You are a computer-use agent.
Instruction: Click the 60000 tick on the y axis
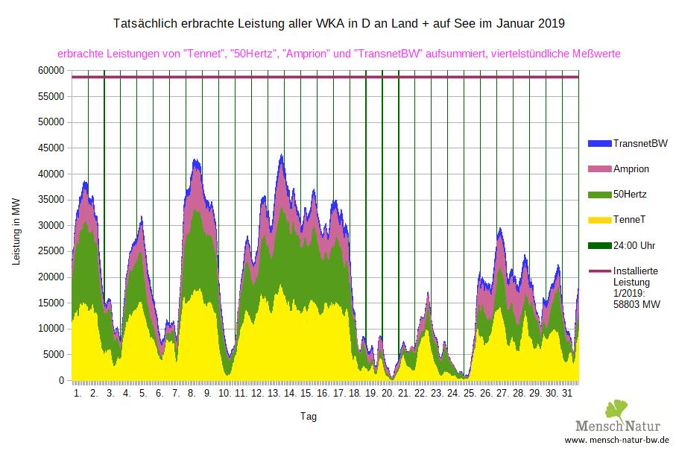click(x=54, y=70)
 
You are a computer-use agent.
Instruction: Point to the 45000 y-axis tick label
click(x=54, y=148)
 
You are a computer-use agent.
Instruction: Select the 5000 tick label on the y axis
click(x=57, y=354)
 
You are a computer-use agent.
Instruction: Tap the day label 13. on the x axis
click(x=274, y=393)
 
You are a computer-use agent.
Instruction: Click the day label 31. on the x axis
click(x=568, y=393)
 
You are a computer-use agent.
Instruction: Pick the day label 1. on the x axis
click(x=78, y=393)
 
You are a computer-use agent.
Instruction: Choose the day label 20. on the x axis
click(x=388, y=393)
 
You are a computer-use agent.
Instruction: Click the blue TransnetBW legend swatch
click(x=598, y=142)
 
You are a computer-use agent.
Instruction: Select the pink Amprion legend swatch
click(x=598, y=168)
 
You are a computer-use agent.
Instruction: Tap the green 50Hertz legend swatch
click(x=598, y=194)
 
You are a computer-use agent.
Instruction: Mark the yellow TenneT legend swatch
click(x=598, y=220)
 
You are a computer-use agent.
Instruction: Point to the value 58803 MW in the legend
click(x=636, y=304)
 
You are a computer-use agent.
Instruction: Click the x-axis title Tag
click(x=309, y=417)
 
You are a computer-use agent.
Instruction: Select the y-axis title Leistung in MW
click(x=17, y=232)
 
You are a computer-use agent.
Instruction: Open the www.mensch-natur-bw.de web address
click(x=617, y=441)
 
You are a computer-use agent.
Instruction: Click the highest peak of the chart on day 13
click(x=281, y=155)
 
